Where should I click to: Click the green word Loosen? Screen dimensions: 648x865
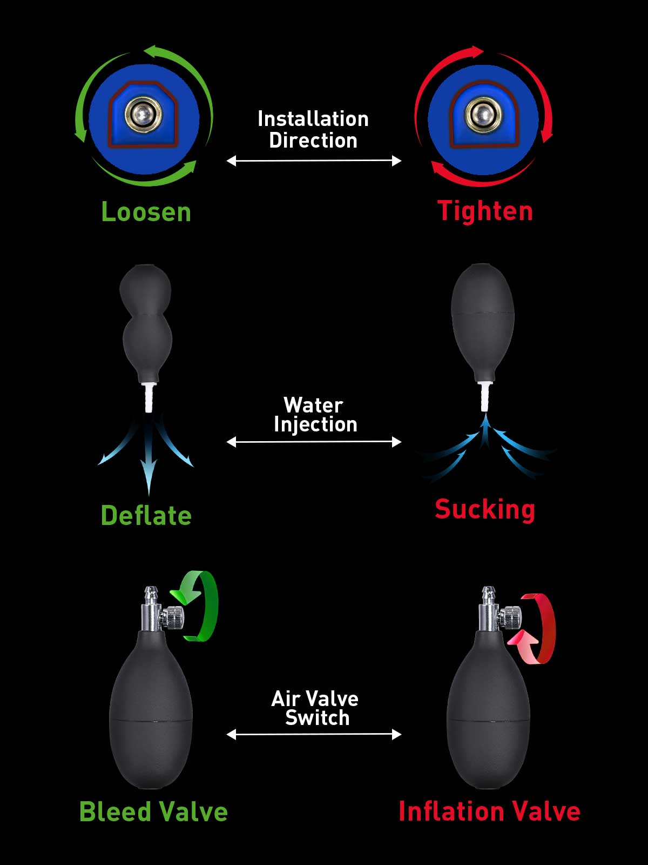pyautogui.click(x=146, y=212)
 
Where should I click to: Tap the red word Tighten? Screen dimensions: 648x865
pyautogui.click(x=485, y=211)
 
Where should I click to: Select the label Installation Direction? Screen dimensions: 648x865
pyautogui.click(x=313, y=130)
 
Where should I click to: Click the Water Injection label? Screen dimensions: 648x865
pyautogui.click(x=315, y=415)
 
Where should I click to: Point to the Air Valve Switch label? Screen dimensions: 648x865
pyautogui.click(x=315, y=708)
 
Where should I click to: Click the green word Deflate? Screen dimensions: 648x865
pyautogui.click(x=146, y=515)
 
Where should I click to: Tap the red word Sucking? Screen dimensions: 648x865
pyautogui.click(x=485, y=510)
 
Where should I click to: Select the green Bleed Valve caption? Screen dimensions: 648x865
pyautogui.click(x=153, y=812)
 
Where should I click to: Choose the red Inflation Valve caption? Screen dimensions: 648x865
pyautogui.click(x=489, y=812)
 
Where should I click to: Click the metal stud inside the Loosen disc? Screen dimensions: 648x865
pyautogui.click(x=143, y=114)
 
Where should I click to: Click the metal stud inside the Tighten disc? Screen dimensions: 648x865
pyautogui.click(x=483, y=115)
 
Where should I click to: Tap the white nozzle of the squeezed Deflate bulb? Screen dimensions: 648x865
pyautogui.click(x=149, y=397)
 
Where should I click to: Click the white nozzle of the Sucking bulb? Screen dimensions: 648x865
pyautogui.click(x=485, y=396)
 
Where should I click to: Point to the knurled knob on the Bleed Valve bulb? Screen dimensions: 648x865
pyautogui.click(x=173, y=618)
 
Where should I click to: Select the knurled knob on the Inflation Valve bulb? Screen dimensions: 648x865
pyautogui.click(x=511, y=618)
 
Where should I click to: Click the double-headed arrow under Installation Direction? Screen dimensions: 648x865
pyautogui.click(x=314, y=161)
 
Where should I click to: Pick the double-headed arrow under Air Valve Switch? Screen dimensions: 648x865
pyautogui.click(x=314, y=734)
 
